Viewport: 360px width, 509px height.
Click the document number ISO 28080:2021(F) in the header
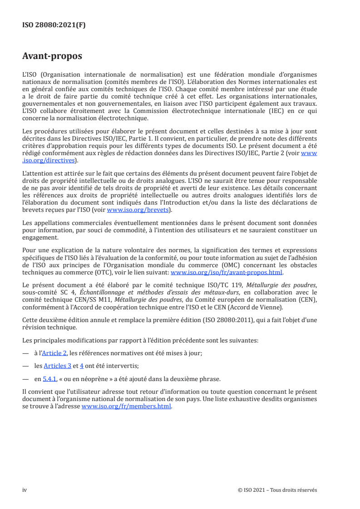[54, 25]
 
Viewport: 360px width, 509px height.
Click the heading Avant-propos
[52, 56]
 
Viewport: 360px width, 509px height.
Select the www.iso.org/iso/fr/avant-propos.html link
[226, 273]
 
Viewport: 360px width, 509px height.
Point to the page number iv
[25, 490]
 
